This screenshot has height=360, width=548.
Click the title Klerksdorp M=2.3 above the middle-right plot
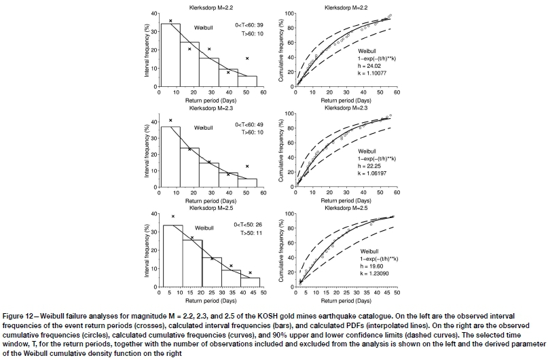coord(346,108)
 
